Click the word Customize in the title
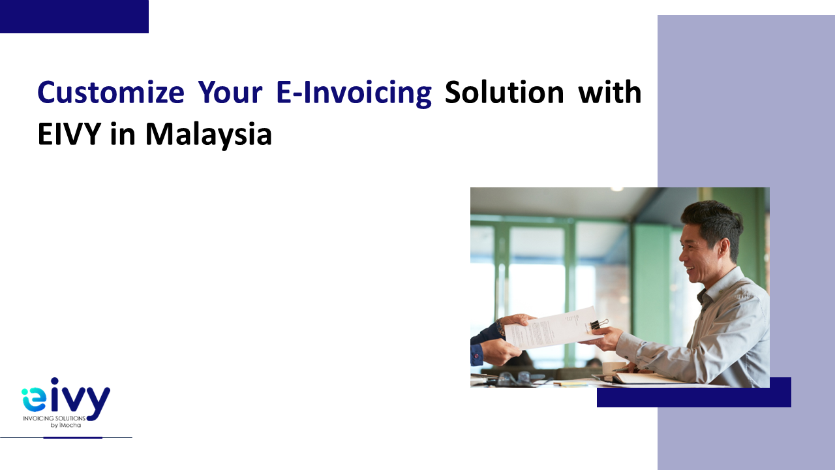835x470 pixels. pyautogui.click(x=111, y=92)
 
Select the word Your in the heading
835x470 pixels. pyautogui.click(x=230, y=92)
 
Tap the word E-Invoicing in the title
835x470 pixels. pyautogui.click(x=354, y=93)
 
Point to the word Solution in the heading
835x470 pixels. pyautogui.click(x=504, y=92)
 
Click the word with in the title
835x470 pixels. pyautogui.click(x=610, y=92)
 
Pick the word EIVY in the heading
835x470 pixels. pyautogui.click(x=69, y=134)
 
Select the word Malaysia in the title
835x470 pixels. pyautogui.click(x=209, y=135)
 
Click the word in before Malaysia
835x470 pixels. pyautogui.click(x=123, y=134)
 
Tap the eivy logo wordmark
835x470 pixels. pyautogui.click(x=66, y=398)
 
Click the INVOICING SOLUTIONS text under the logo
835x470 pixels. pyautogui.click(x=54, y=418)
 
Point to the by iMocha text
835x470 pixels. pyautogui.click(x=66, y=425)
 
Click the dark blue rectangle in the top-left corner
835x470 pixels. pyautogui.click(x=74, y=16)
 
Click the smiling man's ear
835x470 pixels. pyautogui.click(x=724, y=249)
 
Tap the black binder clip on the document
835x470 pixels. pyautogui.click(x=598, y=324)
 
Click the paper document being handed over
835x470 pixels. pyautogui.click(x=553, y=328)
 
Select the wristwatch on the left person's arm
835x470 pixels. pyautogui.click(x=500, y=327)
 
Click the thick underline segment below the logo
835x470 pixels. pyautogui.click(x=72, y=437)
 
